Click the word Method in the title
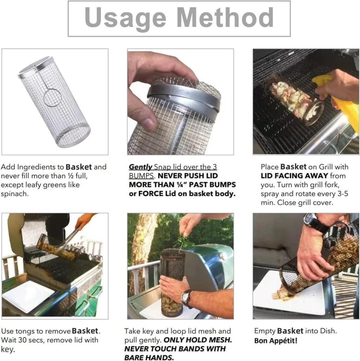(x=225, y=17)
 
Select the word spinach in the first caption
(x=14, y=194)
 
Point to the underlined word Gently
(x=140, y=167)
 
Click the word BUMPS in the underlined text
(x=141, y=176)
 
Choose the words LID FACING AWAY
(x=294, y=176)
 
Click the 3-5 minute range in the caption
(x=343, y=194)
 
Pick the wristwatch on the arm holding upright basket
(x=187, y=298)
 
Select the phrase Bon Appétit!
(x=276, y=341)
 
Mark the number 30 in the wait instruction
(x=22, y=340)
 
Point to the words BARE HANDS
(x=149, y=357)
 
